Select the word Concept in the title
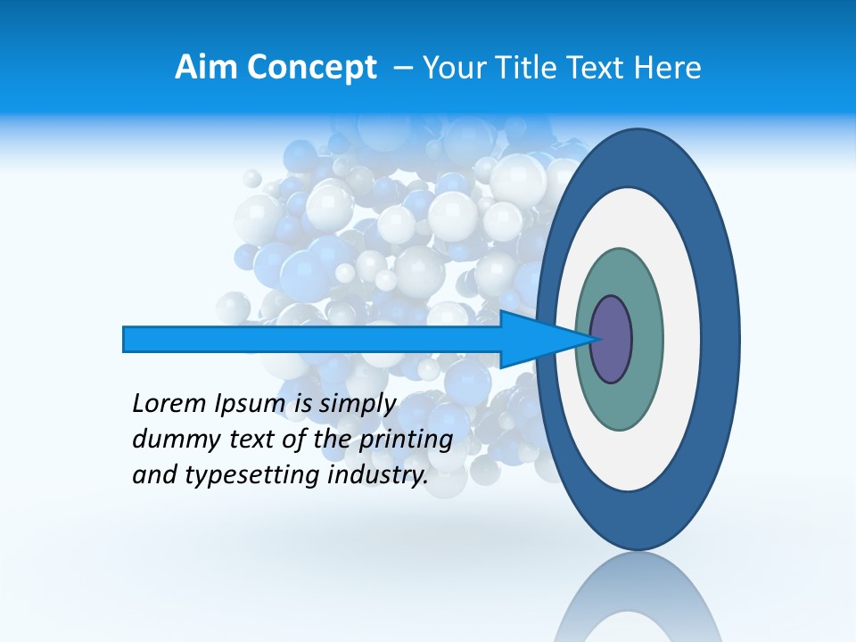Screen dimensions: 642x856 coord(311,68)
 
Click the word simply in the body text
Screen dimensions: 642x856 coord(357,405)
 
